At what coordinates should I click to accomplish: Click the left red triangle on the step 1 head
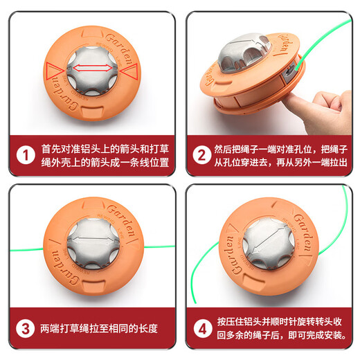[x=53, y=70]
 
